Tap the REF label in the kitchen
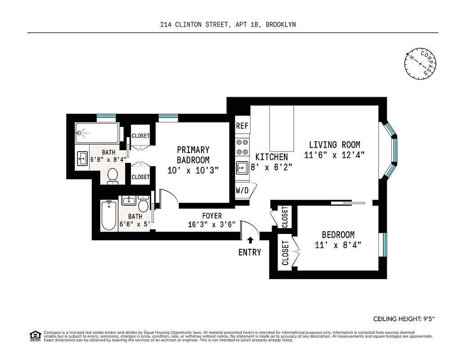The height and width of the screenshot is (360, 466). tap(242, 126)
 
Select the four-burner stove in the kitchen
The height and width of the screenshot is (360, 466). tap(242, 146)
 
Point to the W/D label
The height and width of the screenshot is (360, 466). tap(242, 190)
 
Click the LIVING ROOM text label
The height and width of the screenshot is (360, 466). tap(334, 145)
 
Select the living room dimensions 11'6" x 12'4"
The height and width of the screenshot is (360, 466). tap(334, 155)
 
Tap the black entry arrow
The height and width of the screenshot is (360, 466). tap(250, 240)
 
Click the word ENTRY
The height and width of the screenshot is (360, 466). tap(250, 252)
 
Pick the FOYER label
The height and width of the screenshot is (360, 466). tap(211, 216)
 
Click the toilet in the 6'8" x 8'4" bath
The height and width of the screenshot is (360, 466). tap(113, 175)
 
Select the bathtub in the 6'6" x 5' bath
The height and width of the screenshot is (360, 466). tap(109, 216)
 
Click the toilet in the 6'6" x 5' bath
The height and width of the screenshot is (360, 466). tap(143, 205)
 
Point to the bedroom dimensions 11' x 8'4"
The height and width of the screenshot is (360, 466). tap(338, 245)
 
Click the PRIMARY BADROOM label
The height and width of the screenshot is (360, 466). tap(193, 155)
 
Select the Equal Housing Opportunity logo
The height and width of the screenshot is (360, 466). tap(35, 336)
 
